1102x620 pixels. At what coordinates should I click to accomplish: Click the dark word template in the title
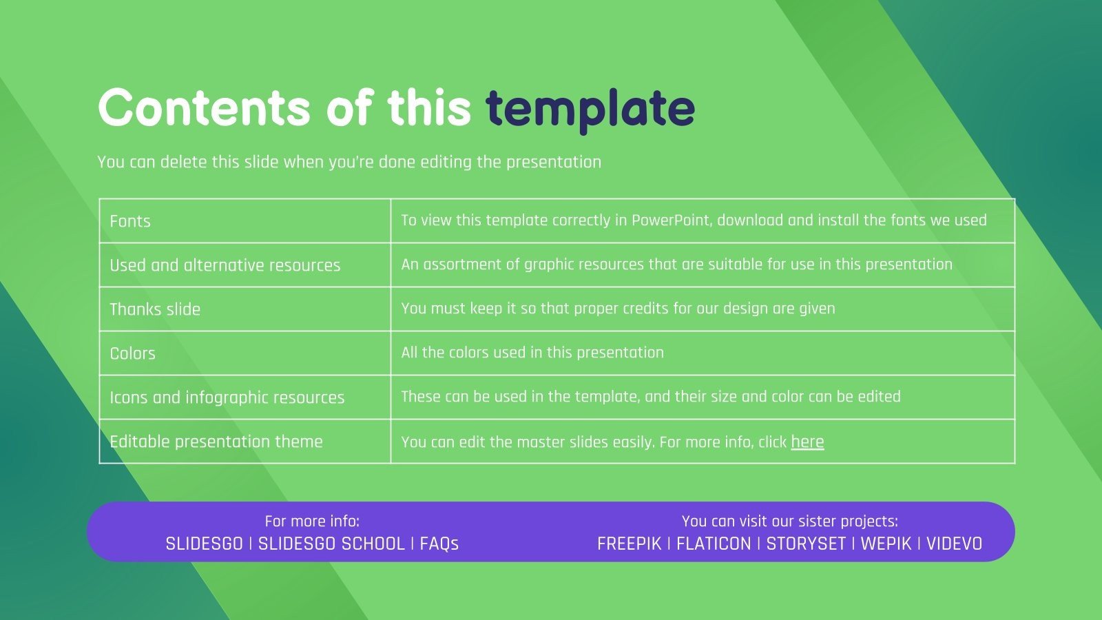(590, 110)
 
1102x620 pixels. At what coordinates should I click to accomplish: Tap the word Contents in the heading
(204, 107)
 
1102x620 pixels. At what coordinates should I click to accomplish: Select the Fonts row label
(130, 221)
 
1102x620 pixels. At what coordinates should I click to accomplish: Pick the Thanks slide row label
(155, 309)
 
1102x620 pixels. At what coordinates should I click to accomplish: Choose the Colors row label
(132, 353)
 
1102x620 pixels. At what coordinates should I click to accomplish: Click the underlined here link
(807, 442)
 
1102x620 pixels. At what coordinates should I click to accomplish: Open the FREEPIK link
(630, 544)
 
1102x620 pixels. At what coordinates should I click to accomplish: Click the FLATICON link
(714, 544)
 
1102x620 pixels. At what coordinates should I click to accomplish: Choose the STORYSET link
(806, 544)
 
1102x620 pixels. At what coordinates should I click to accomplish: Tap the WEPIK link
(886, 544)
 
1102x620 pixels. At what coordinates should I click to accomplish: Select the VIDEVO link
(955, 544)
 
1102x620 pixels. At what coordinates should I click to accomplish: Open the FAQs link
(439, 544)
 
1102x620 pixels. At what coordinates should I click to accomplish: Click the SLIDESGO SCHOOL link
(331, 544)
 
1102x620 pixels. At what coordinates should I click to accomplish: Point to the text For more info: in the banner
(312, 521)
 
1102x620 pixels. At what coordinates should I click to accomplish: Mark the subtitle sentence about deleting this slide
(349, 162)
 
